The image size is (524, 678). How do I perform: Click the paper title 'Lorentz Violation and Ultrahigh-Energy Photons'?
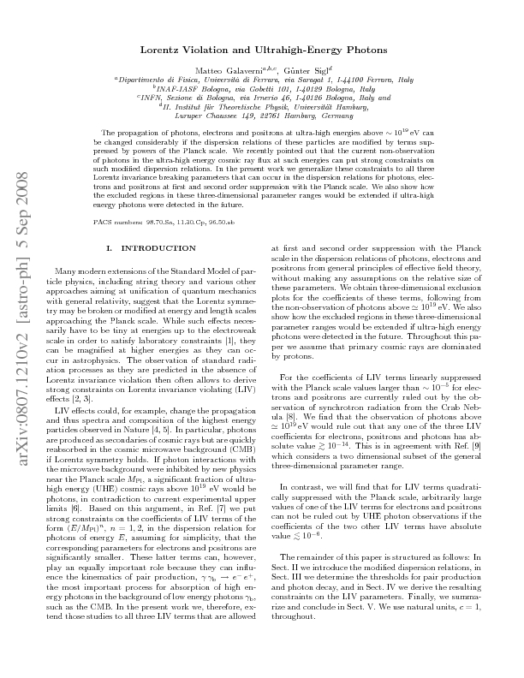tap(262, 51)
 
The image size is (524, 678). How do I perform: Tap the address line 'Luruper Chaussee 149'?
tap(261, 116)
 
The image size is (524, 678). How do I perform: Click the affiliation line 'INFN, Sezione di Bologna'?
tap(260, 98)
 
